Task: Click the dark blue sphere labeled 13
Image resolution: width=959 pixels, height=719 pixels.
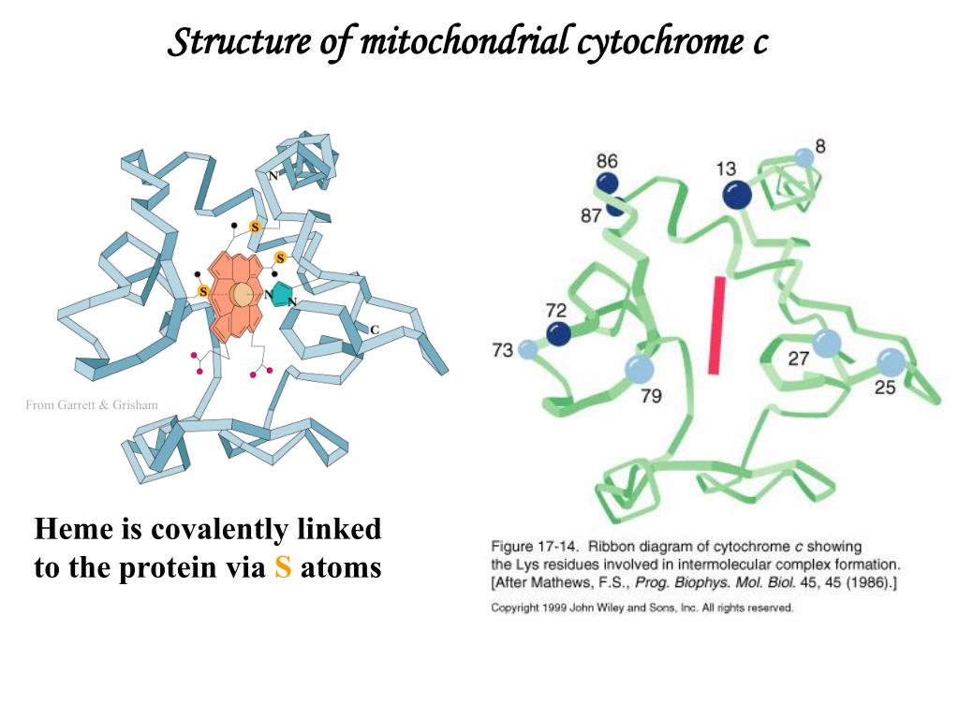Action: coord(736,195)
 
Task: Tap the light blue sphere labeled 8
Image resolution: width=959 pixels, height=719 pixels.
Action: coord(804,157)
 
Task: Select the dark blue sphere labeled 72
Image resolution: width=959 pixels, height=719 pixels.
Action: coord(558,334)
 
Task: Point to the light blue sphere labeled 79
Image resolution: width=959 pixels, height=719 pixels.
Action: coord(640,369)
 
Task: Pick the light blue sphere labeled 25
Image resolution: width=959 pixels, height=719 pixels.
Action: coord(892,363)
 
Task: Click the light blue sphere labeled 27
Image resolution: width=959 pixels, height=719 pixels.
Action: coord(827,343)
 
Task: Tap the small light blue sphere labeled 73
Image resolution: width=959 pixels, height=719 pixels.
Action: coord(527,350)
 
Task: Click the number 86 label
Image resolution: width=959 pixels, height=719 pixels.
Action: coord(607,161)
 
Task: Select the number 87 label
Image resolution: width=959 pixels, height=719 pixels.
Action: coord(591,216)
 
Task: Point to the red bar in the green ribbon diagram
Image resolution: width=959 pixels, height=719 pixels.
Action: coord(716,325)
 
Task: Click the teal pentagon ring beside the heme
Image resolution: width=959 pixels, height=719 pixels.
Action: coord(282,294)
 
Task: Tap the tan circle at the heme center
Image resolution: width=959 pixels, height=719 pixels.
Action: coord(241,295)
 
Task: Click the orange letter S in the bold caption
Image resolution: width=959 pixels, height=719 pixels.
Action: coord(283,567)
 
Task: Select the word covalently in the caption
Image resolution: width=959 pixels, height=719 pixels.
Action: coord(218,530)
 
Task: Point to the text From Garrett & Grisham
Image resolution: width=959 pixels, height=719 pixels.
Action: coord(92,404)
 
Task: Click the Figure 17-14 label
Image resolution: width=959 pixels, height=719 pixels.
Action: coord(535,546)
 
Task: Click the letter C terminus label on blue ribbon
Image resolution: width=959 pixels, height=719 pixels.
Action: coord(375,330)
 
